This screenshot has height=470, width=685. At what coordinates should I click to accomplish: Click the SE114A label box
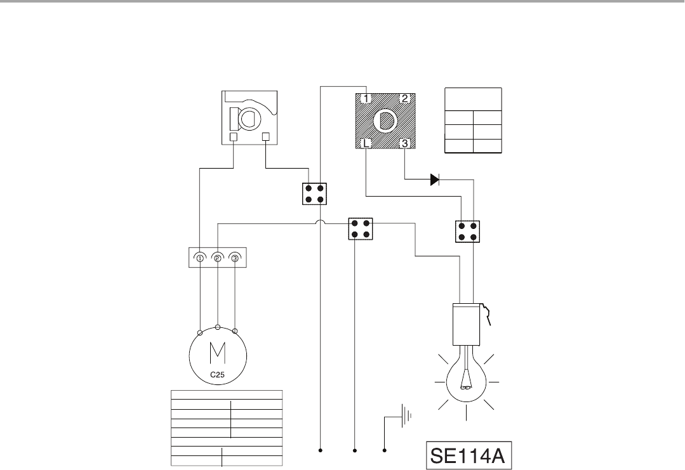coord(469,455)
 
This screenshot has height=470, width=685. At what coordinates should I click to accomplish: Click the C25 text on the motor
coord(217,374)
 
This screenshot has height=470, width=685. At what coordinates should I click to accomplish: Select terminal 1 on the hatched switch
coord(366,98)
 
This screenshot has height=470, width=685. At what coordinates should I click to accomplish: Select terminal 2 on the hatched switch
coord(404,98)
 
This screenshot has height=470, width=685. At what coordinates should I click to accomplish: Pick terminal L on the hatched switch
coord(366,143)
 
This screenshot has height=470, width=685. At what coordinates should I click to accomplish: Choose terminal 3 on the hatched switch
coord(404,143)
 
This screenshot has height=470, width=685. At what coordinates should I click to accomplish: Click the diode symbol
coord(435,180)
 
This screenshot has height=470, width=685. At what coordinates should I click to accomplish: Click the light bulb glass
coord(467,382)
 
